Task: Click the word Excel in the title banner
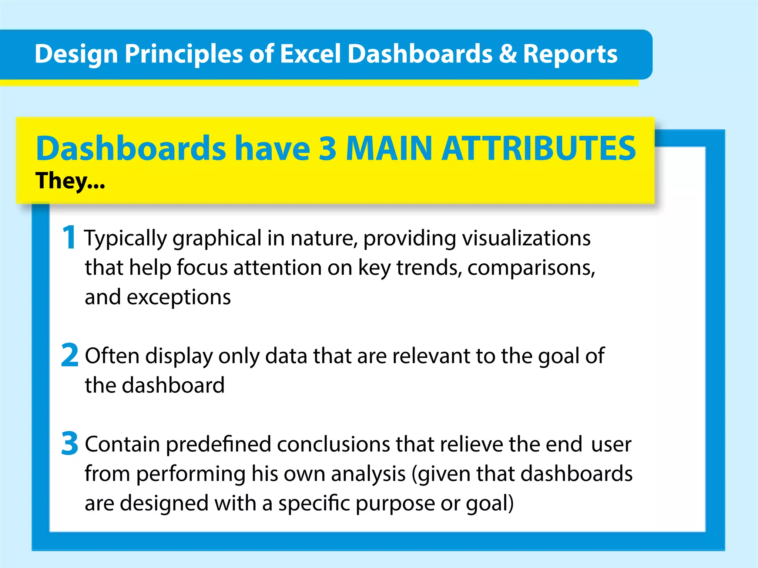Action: point(310,54)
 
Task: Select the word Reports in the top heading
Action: point(570,54)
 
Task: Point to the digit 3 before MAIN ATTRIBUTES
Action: point(328,148)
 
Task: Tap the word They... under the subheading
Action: point(70,181)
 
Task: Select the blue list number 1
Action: point(69,237)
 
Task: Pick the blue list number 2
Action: point(70,355)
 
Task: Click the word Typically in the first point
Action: point(125,239)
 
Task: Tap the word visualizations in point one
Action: point(526,238)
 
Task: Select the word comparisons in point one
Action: point(531,268)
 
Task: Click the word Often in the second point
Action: point(112,356)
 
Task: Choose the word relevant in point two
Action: point(431,356)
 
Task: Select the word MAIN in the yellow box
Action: point(389,148)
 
